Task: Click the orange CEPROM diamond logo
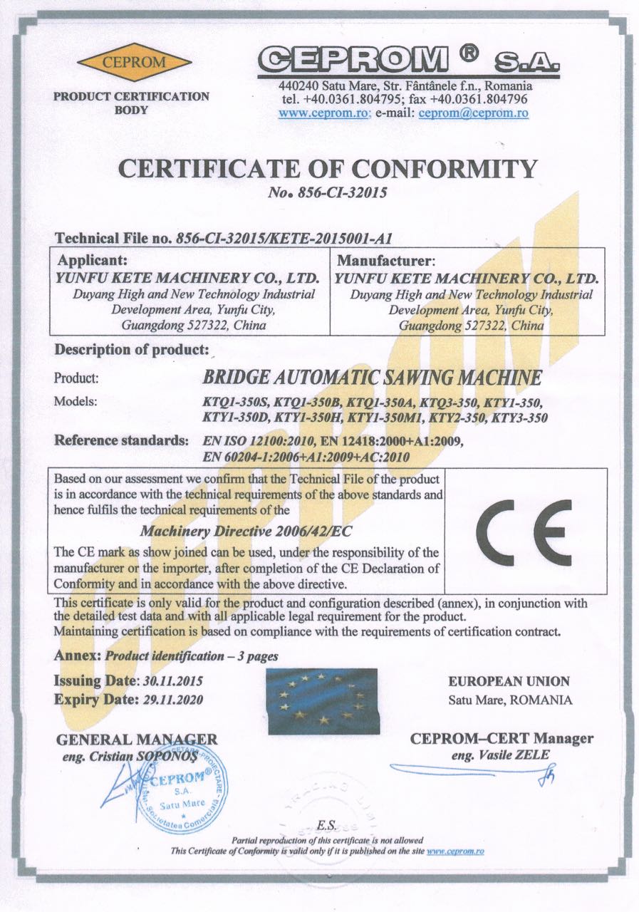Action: tap(134, 62)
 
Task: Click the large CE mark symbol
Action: tap(523, 532)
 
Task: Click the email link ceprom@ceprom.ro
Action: tap(473, 113)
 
